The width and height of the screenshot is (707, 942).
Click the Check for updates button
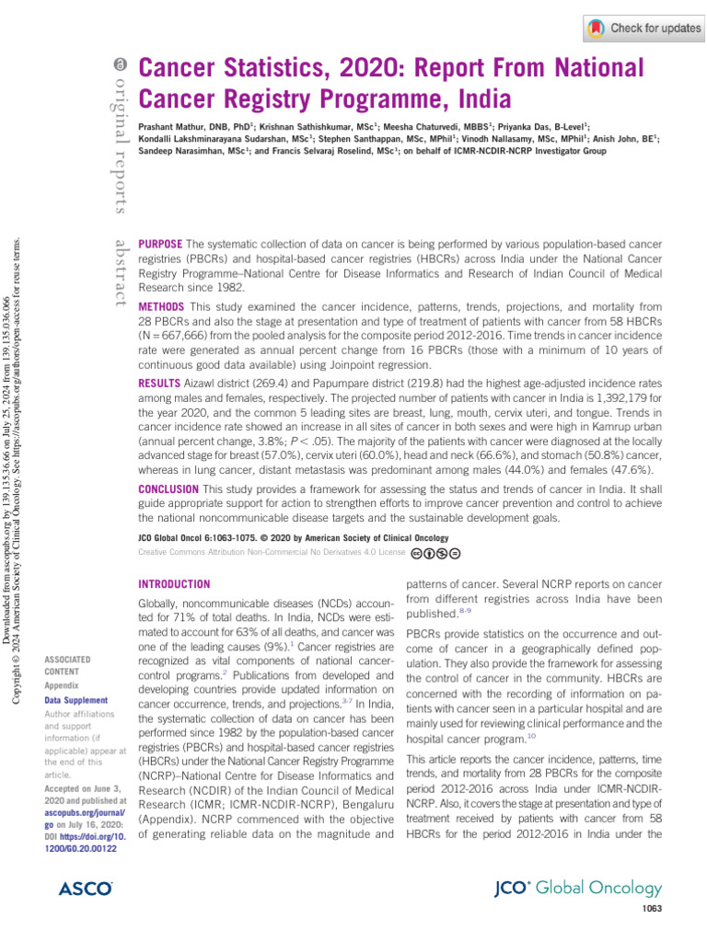(644, 29)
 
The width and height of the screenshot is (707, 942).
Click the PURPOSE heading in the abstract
(159, 243)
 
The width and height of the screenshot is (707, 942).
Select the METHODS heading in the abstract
(161, 306)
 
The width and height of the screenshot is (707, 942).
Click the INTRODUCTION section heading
(173, 584)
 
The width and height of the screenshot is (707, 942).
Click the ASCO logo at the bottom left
(85, 889)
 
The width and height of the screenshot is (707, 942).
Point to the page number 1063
(649, 910)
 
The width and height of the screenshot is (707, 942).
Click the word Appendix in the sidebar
(62, 685)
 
